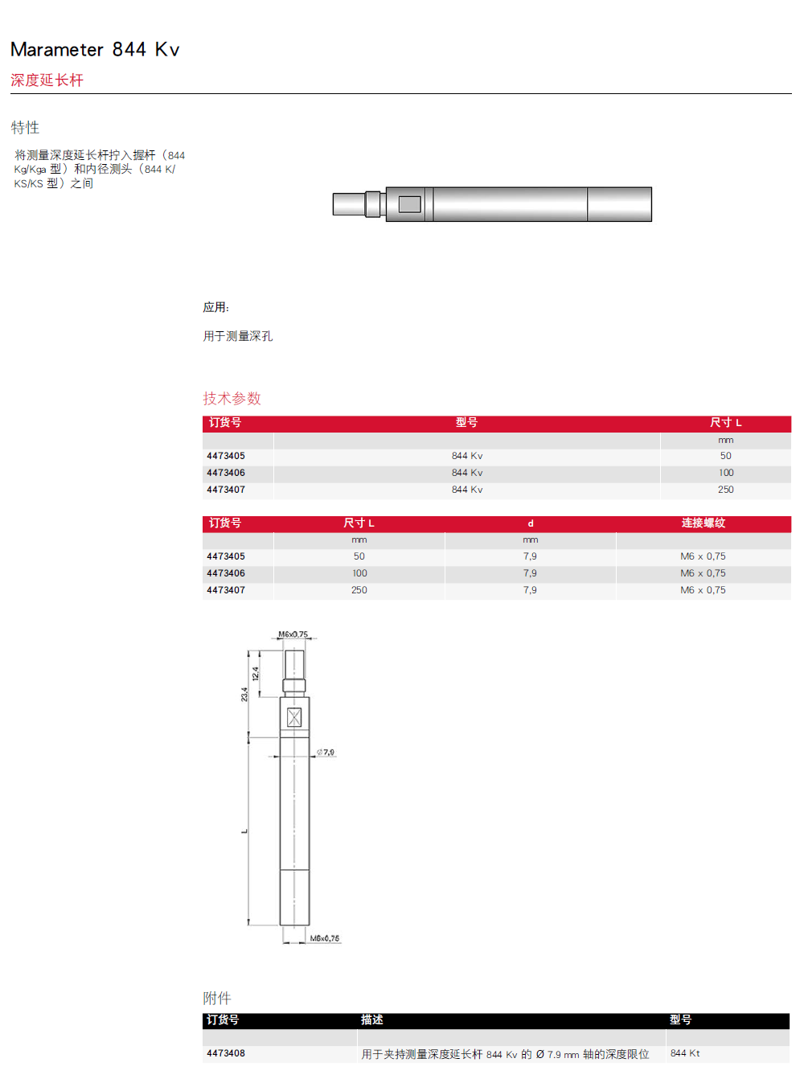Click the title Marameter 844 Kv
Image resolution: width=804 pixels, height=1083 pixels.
pos(95,49)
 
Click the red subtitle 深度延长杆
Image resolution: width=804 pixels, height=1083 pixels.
pos(47,80)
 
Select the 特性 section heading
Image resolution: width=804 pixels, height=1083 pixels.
pos(25,128)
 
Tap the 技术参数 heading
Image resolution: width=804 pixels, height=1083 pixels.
pos(232,399)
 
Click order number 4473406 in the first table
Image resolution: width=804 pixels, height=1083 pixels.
pos(226,473)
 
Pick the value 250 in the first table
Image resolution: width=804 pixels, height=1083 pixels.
pos(725,490)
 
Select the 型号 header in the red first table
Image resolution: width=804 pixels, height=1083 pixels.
pos(466,422)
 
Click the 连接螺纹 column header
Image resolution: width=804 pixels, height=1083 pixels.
pos(703,523)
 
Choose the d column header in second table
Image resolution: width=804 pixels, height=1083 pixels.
pos(530,523)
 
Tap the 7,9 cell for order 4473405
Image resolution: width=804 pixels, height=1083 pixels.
pos(530,556)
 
